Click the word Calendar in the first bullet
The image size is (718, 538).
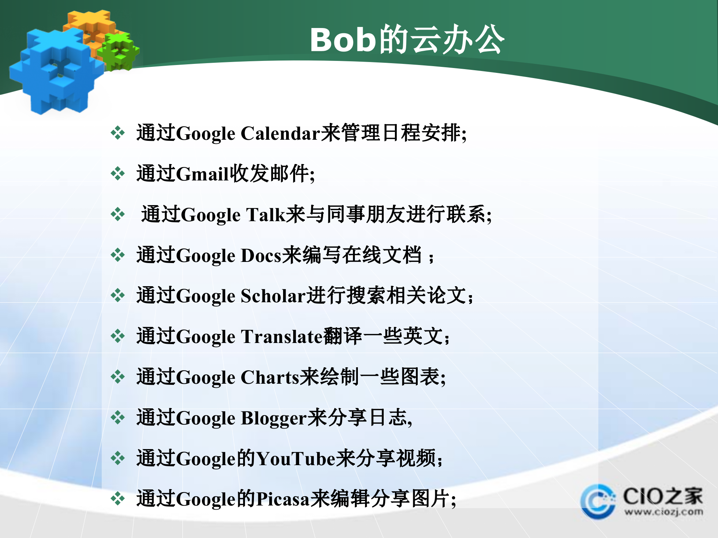pos(280,134)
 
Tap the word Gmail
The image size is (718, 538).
pos(202,174)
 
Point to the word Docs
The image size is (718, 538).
pos(261,256)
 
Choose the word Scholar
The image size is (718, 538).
pos(273,296)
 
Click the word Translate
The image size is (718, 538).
pos(282,337)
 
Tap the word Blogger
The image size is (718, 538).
pos(274,418)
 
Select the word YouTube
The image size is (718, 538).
pos(295,459)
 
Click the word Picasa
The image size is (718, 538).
pos(283,500)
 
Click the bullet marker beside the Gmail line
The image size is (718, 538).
pos(118,173)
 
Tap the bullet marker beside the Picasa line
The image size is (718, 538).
pos(118,499)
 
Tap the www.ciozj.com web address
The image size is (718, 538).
pos(663,512)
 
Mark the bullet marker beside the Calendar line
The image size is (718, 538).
pos(118,133)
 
